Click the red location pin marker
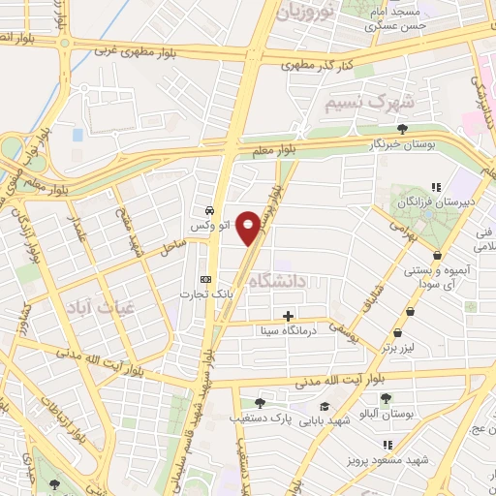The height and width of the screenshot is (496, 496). point(249,227)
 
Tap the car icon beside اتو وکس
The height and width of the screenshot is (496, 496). point(209,210)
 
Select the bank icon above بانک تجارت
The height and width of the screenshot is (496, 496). point(203,276)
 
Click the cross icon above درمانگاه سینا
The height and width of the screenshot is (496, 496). point(288,316)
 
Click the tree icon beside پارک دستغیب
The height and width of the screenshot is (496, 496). point(259,404)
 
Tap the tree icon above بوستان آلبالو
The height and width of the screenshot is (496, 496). point(386,398)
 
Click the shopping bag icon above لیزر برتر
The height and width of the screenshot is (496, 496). point(411,313)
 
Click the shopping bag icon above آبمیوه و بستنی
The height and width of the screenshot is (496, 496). point(438,256)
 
